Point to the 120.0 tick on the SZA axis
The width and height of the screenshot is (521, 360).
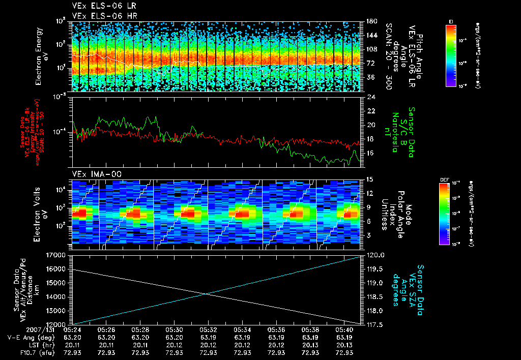(375, 255)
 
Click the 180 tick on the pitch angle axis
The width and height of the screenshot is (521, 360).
(371, 21)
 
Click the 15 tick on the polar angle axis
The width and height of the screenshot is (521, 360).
(369, 179)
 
